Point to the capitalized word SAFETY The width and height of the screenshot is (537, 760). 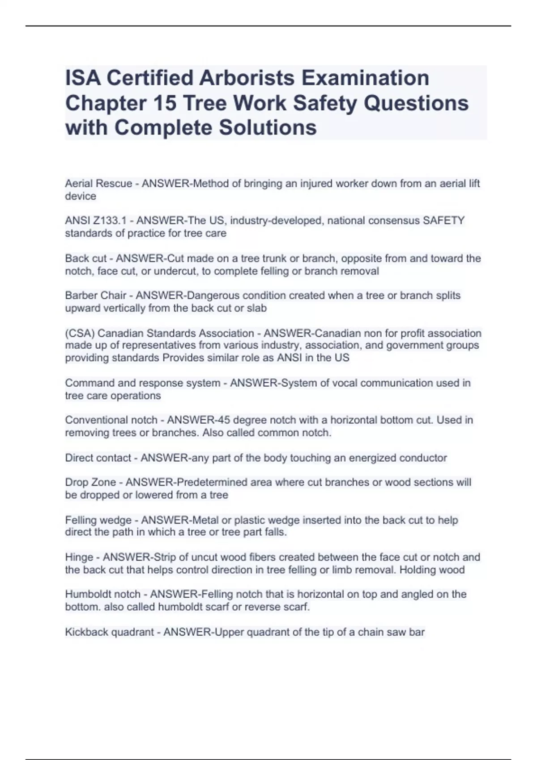[443, 221]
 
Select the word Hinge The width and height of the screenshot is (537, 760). [78, 557]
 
